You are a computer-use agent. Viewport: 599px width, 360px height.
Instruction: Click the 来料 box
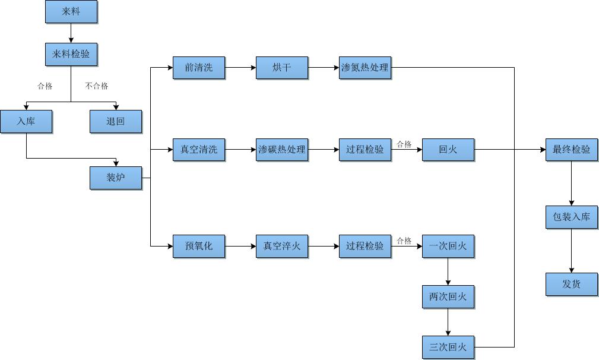71,12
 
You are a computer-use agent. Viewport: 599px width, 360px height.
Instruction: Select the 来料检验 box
71,54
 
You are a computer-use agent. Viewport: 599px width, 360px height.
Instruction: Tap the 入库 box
26,121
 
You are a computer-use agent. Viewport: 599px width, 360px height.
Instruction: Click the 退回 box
116,121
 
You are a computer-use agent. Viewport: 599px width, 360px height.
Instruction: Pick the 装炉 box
116,178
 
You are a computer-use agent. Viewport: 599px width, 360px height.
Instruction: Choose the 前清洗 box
199,68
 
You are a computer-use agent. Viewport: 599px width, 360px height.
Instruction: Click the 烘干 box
282,68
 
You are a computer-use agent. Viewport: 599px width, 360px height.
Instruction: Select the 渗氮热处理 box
365,68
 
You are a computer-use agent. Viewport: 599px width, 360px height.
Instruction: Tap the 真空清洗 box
199,150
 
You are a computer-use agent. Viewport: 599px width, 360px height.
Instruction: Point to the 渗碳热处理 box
282,150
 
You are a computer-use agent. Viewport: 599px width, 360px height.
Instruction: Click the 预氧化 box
199,246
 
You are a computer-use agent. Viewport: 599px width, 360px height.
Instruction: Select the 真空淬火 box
282,246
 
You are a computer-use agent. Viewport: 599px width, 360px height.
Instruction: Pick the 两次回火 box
448,296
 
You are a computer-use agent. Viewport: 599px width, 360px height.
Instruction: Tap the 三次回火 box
448,347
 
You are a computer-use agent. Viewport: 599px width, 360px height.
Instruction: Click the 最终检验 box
572,150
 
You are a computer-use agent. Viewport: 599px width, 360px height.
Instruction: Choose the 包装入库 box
572,217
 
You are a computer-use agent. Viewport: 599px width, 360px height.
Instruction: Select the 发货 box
572,284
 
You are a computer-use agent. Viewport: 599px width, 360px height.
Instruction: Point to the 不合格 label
97,86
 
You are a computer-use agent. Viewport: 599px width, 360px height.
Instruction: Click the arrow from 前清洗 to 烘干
240,68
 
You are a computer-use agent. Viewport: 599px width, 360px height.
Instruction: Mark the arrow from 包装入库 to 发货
572,251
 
